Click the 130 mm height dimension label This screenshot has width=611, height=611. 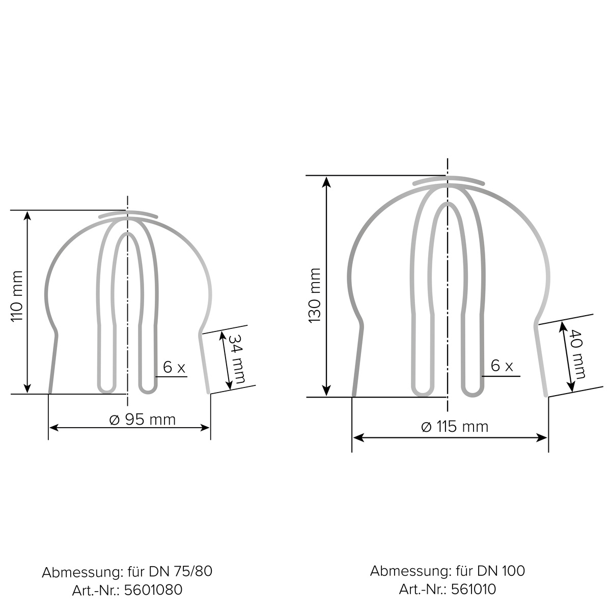pyautogui.click(x=314, y=295)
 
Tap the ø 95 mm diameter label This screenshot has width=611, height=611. pyautogui.click(x=143, y=420)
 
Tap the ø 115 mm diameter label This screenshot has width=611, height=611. pyautogui.click(x=455, y=426)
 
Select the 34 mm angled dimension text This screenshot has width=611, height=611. pyautogui.click(x=236, y=359)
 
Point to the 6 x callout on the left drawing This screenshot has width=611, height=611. pyautogui.click(x=174, y=367)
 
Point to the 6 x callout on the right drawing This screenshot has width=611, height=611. pyautogui.click(x=502, y=366)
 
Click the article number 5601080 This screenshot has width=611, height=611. pyautogui.click(x=153, y=590)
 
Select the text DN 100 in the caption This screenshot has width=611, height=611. pyautogui.click(x=501, y=571)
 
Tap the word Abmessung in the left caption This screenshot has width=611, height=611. pyautogui.click(x=81, y=572)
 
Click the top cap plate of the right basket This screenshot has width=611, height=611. pyautogui.click(x=448, y=180)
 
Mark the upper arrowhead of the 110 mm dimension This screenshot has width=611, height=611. pyautogui.click(x=27, y=215)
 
